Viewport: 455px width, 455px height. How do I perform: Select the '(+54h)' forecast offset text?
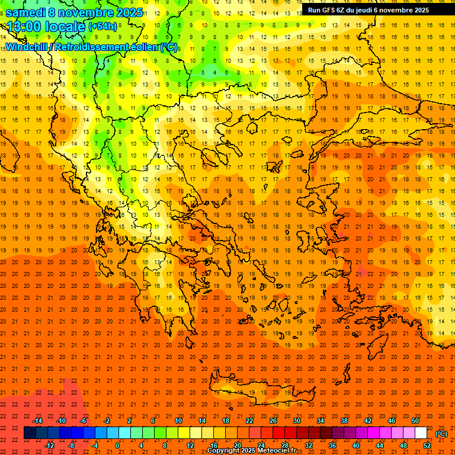102,27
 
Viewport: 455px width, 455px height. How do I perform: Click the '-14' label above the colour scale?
38,421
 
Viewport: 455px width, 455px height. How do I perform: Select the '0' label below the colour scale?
117,446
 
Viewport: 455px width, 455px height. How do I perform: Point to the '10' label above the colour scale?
178,421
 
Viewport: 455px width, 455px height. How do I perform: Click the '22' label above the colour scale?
249,421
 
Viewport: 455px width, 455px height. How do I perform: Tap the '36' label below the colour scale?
332,446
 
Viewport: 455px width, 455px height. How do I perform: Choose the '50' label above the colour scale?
415,421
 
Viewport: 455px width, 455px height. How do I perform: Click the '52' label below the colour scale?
427,446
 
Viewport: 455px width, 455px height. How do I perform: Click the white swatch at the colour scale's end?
421,433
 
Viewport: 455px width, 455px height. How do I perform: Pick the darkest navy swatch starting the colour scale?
30,433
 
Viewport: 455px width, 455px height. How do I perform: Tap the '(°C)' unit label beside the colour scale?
441,434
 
